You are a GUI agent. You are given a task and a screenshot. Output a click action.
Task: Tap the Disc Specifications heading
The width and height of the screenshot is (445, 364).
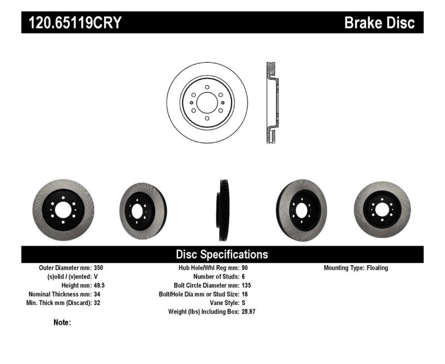click(x=222, y=255)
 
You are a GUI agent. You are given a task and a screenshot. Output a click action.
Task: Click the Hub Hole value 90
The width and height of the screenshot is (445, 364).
click(x=245, y=268)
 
